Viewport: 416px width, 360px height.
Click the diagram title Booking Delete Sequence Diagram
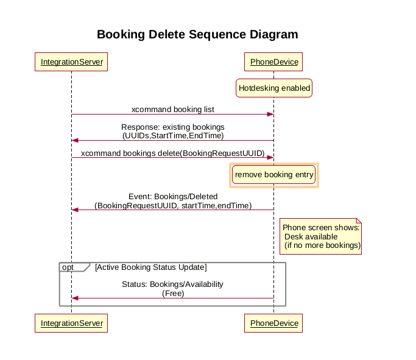[197, 34]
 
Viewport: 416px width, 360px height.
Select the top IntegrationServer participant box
[71, 62]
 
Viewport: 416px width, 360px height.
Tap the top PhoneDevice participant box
[273, 62]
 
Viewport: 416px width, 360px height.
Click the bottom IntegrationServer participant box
[71, 323]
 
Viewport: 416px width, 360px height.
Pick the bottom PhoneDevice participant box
[273, 323]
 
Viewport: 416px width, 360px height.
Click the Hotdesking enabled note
[274, 88]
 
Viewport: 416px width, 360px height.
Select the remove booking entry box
[274, 175]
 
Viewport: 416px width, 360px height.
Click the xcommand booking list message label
[173, 110]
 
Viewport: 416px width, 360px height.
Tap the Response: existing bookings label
[173, 127]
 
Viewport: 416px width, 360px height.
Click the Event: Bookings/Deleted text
[173, 197]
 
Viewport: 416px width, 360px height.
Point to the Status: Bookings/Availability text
[173, 284]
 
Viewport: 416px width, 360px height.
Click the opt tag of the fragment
[68, 267]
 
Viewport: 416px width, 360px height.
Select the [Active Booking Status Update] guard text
[150, 267]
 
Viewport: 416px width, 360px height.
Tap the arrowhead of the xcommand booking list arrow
[270, 115]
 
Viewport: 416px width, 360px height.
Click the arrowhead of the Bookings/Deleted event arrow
[75, 210]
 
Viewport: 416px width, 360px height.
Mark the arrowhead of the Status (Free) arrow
[75, 298]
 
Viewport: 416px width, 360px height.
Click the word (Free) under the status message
[173, 293]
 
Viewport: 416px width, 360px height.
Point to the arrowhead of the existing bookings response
[75, 141]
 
